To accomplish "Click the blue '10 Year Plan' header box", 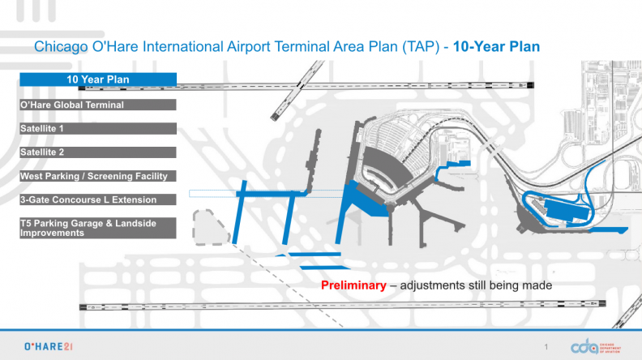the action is click(x=98, y=79).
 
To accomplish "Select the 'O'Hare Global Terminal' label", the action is click(x=98, y=105).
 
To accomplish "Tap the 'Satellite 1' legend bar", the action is click(x=98, y=129).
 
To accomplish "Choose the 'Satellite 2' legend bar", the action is click(x=98, y=152).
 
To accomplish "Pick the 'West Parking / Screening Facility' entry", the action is click(x=98, y=176).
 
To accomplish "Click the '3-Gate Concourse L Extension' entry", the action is click(x=98, y=199).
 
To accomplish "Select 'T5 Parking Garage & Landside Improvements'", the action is click(x=98, y=228).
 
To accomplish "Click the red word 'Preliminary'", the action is click(x=353, y=285).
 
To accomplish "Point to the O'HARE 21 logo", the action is click(x=49, y=347).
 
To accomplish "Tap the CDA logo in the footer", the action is click(x=596, y=347).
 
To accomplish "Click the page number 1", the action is click(x=546, y=347).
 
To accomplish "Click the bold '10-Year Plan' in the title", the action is click(x=496, y=47).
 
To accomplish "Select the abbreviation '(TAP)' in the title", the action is click(x=421, y=47).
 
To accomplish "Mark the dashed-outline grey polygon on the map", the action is click(x=210, y=228).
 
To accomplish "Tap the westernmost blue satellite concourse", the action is click(x=239, y=212).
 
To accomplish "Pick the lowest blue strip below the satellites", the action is click(x=325, y=268).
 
